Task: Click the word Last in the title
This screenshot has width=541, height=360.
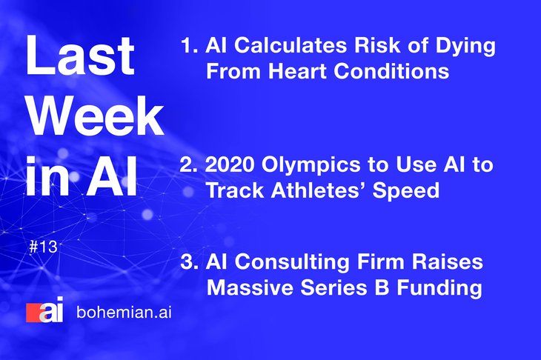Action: coord(80,55)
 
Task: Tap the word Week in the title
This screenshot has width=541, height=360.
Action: coord(95,116)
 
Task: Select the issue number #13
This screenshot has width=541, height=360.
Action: coord(44,247)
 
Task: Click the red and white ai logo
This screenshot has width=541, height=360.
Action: coord(45,310)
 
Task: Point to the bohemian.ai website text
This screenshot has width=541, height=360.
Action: coord(124,313)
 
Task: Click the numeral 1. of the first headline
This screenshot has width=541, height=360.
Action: coord(190,45)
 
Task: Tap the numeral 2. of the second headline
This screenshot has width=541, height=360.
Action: coord(189,164)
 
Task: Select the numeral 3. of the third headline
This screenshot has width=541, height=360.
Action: coord(189,261)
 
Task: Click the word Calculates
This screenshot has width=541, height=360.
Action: coord(291,45)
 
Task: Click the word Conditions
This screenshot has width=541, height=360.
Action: coord(391,71)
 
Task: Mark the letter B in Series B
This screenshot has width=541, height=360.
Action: coord(382,287)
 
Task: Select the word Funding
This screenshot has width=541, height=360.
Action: coord(439,289)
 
